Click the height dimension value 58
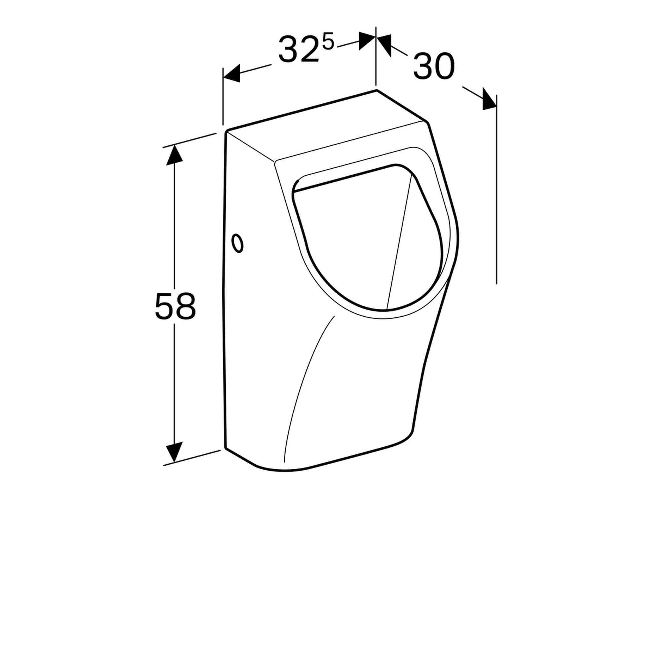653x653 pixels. click(x=175, y=306)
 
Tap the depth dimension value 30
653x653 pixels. click(x=434, y=67)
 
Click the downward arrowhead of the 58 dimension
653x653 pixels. click(x=174, y=452)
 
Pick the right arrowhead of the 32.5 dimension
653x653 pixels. click(x=367, y=41)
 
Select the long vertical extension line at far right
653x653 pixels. click(x=496, y=203)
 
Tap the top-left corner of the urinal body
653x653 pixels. click(x=226, y=132)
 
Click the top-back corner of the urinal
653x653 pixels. click(x=376, y=91)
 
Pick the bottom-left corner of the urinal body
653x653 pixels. click(x=226, y=449)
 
